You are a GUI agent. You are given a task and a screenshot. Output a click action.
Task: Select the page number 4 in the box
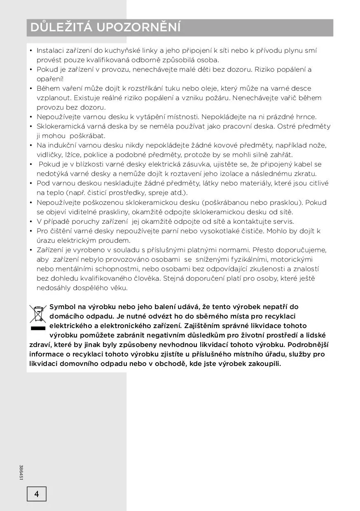(x=37, y=494)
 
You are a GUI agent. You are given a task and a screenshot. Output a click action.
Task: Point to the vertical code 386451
(x=21, y=472)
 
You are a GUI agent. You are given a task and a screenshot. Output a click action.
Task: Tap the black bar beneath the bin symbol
(x=37, y=328)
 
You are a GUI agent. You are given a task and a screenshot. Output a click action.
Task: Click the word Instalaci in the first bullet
(x=50, y=51)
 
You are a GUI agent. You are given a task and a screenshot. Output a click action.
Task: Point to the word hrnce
(x=306, y=117)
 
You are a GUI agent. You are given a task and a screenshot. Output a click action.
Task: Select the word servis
(x=283, y=221)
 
